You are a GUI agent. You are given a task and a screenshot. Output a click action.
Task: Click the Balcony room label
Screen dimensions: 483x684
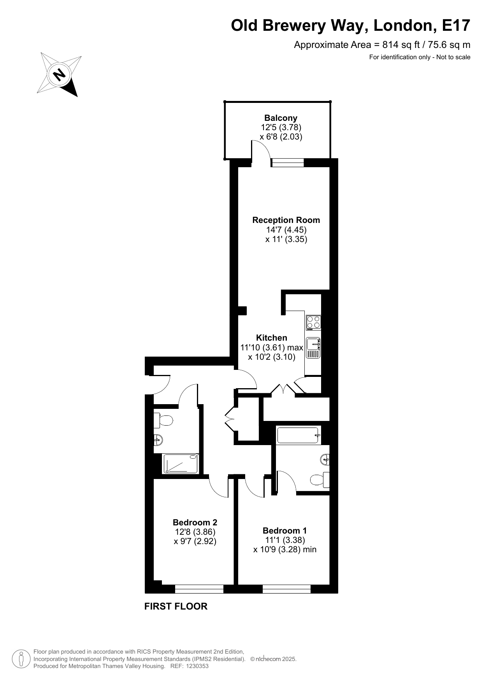281,118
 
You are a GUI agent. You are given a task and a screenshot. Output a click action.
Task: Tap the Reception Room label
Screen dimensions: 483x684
286,220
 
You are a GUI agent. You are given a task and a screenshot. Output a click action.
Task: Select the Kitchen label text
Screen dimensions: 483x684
272,338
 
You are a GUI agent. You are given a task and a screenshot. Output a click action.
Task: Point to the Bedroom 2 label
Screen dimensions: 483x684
195,522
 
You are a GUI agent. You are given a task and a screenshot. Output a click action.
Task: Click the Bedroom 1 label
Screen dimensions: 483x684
285,530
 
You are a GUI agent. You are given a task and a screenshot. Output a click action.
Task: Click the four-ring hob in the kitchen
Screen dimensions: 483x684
313,322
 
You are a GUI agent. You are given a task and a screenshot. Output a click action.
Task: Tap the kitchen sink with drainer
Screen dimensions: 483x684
313,348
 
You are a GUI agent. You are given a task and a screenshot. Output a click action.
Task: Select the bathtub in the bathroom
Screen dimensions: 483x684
299,435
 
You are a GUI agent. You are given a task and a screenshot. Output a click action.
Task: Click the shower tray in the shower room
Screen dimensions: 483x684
181,463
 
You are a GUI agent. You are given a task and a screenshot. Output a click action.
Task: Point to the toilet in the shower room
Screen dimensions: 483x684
163,420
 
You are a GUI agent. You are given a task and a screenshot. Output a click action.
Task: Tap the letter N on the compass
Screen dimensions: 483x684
59,74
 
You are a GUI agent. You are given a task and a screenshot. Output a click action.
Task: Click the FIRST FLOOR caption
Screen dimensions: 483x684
176,606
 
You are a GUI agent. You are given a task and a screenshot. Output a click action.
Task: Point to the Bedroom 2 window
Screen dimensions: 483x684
199,589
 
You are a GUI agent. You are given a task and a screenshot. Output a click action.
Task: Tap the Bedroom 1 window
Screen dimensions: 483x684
286,589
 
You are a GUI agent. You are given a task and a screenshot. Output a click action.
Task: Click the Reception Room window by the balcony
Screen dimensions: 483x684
288,163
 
